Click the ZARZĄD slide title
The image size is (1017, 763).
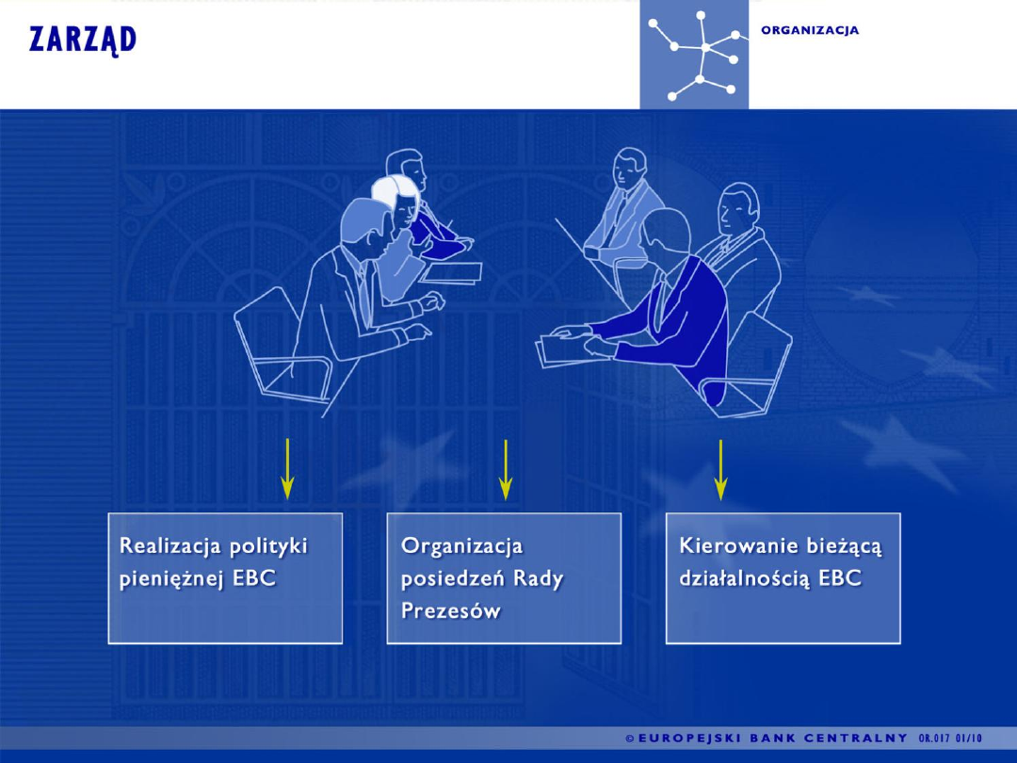pos(83,41)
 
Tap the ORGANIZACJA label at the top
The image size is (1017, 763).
pos(810,30)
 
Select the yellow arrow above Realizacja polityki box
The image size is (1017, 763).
pos(287,468)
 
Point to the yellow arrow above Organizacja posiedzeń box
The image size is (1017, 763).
pos(506,468)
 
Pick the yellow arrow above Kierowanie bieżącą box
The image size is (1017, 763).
pos(720,468)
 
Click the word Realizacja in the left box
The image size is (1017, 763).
pos(170,545)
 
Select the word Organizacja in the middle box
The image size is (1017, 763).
pos(461,545)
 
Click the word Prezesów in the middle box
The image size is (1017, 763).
pos(451,610)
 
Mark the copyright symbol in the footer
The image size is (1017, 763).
pos(630,739)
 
